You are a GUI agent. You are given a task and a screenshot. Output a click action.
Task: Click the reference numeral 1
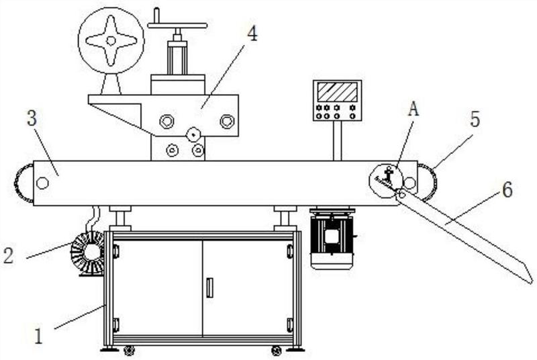pos(38,336)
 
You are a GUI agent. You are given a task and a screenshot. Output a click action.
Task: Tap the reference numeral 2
pos(8,255)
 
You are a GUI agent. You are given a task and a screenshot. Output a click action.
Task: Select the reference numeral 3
pos(32,118)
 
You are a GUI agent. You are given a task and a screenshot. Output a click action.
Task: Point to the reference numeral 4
pos(252,34)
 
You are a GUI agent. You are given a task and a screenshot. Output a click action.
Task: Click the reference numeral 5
pos(475,119)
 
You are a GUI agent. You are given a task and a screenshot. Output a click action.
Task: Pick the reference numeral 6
pos(507,189)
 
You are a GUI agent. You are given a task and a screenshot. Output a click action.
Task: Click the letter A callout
pos(413,109)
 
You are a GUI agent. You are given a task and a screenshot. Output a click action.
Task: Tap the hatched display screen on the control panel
pos(337,92)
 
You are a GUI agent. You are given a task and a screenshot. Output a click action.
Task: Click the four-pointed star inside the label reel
pos(111,41)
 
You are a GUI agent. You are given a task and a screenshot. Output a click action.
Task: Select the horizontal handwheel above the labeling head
pos(177,26)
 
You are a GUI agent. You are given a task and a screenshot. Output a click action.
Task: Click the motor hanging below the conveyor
pos(332,238)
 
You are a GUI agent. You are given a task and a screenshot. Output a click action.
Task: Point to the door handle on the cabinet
pos(209,287)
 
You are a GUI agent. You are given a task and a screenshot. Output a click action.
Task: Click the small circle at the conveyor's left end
pos(42,183)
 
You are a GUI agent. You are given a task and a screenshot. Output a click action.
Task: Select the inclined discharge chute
pos(465,236)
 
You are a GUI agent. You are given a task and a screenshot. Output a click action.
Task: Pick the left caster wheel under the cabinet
pos(129,350)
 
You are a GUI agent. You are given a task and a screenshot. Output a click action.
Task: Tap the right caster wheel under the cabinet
pos(276,350)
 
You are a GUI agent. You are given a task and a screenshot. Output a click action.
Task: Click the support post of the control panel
pos(338,141)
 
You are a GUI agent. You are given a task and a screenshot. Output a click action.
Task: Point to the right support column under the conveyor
pos(285,218)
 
